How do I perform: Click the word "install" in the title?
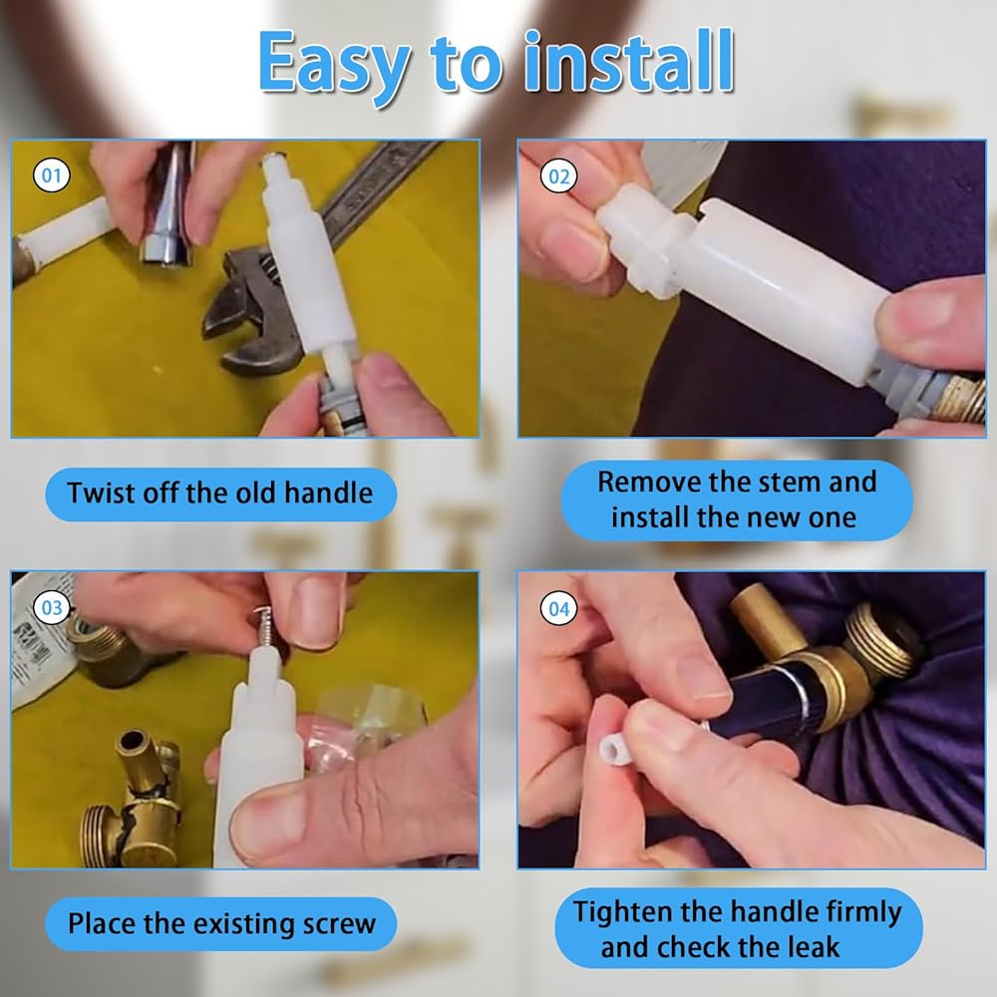click(629, 61)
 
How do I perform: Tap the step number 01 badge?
click(51, 175)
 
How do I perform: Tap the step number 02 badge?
click(559, 176)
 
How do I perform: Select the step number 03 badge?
click(52, 608)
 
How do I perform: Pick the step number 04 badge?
click(559, 609)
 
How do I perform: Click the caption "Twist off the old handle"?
click(220, 494)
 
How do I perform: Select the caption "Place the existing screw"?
click(222, 924)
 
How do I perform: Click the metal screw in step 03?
click(262, 628)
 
